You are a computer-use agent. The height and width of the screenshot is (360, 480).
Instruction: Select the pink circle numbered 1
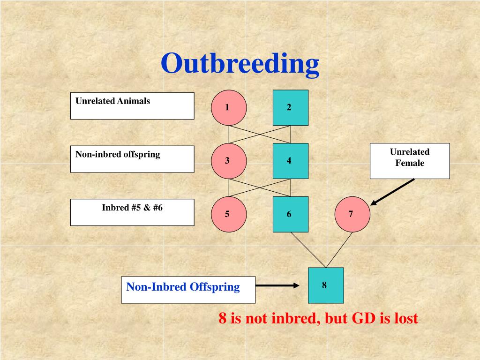pyautogui.click(x=228, y=107)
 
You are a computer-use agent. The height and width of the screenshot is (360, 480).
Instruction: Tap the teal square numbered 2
pyautogui.click(x=291, y=107)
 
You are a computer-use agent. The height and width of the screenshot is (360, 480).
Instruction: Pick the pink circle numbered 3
pyautogui.click(x=228, y=161)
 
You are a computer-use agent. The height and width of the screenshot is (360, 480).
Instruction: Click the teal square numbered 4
pyautogui.click(x=291, y=161)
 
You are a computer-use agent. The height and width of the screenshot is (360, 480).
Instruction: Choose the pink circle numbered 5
pyautogui.click(x=228, y=214)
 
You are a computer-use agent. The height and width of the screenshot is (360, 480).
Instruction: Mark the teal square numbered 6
pyautogui.click(x=291, y=214)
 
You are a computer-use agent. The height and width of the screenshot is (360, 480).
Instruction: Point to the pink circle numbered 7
pyautogui.click(x=352, y=214)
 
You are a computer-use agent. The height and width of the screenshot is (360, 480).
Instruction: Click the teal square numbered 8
pyautogui.click(x=326, y=285)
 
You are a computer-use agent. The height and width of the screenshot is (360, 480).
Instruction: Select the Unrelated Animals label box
pyautogui.click(x=132, y=105)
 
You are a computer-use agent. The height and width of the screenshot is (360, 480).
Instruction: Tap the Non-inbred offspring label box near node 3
pyautogui.click(x=132, y=159)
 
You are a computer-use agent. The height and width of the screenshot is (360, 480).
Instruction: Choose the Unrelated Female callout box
pyautogui.click(x=410, y=161)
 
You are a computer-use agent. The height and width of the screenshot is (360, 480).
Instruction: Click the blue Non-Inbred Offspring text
pyautogui.click(x=183, y=287)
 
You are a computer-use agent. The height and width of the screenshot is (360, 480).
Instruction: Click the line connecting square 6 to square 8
pyautogui.click(x=307, y=249)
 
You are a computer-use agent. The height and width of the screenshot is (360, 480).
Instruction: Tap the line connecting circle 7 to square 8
pyautogui.click(x=339, y=249)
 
